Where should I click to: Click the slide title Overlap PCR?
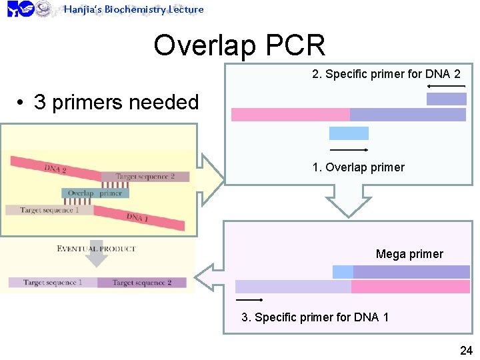point(239,45)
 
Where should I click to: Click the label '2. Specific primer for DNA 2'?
point(386,74)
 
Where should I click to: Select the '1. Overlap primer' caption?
point(358,167)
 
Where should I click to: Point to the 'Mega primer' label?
point(409,254)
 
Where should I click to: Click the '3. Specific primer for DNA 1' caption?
point(315,317)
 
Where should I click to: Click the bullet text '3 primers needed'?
point(116,102)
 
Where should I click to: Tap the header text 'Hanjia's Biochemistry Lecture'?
point(133,9)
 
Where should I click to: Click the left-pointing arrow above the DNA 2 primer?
point(446,87)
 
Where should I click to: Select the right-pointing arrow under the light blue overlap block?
point(349,150)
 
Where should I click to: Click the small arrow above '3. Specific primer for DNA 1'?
point(249,300)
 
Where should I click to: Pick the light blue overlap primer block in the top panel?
point(349,133)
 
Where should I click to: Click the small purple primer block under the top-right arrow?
point(446,99)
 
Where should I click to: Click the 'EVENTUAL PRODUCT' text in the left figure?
point(96,249)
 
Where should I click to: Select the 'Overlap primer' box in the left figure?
point(96,193)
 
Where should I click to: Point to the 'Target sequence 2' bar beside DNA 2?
point(145,177)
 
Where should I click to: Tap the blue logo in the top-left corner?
point(20,9)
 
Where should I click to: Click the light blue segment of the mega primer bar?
point(343,272)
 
